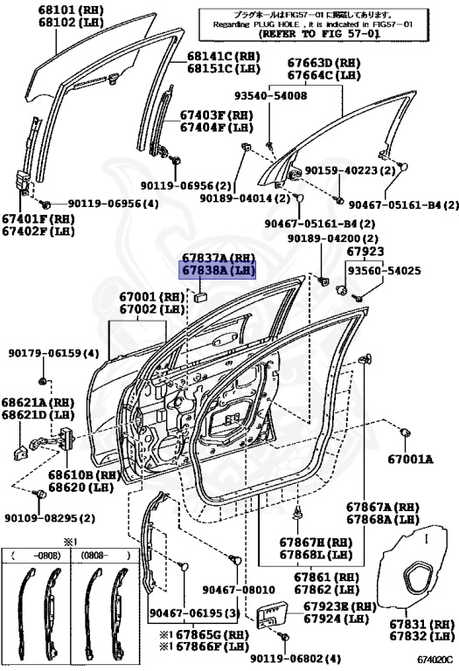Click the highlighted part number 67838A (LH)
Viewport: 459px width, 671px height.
coord(218,271)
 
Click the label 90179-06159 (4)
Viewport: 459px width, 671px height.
coord(53,354)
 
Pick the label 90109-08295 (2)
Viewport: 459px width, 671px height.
coord(52,518)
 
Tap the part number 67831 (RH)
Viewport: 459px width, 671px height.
coord(421,625)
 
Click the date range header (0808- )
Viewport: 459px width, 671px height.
coord(105,555)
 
